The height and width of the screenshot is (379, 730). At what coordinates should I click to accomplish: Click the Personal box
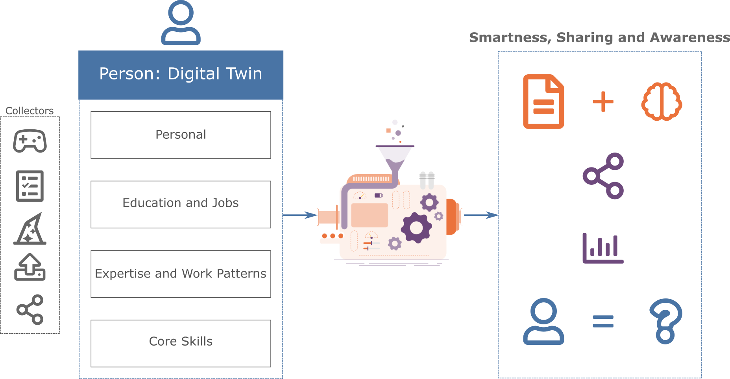tap(181, 135)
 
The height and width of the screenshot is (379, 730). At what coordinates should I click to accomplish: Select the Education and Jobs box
tap(181, 204)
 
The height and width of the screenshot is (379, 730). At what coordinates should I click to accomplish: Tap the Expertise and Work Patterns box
tap(181, 274)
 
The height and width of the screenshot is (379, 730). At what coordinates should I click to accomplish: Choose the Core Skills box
tap(181, 343)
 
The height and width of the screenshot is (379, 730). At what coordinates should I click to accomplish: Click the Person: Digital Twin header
tap(181, 74)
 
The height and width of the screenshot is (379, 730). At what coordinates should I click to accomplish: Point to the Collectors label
tap(30, 111)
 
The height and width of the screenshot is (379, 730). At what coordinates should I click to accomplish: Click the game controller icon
tap(30, 141)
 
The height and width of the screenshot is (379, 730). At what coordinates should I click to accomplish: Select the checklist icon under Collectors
tap(30, 186)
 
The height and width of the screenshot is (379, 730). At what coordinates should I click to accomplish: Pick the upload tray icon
tap(30, 267)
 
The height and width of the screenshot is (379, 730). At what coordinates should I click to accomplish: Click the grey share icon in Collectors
tap(30, 310)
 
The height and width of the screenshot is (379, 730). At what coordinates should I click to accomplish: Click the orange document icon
tap(543, 101)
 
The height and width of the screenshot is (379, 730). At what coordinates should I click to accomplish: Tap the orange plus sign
tap(603, 101)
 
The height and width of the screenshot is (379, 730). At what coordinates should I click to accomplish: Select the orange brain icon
tap(662, 101)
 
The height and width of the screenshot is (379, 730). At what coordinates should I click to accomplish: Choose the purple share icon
tap(603, 176)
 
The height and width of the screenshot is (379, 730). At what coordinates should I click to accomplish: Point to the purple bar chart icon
tap(603, 248)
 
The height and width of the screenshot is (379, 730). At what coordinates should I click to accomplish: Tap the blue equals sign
tap(603, 321)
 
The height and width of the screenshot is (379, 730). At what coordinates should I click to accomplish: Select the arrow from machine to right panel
tap(481, 215)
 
